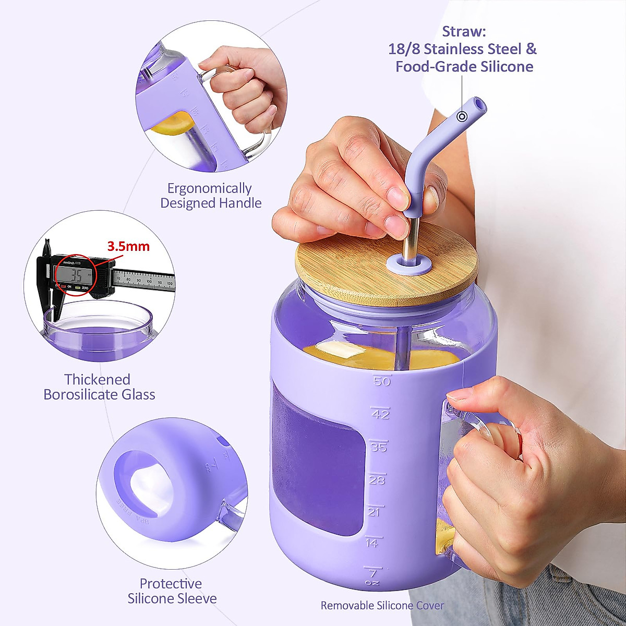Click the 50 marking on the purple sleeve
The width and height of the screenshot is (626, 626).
point(382,381)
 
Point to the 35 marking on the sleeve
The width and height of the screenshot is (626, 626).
point(379,447)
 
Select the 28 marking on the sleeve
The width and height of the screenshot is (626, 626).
point(377,479)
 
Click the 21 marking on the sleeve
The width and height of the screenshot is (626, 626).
point(374,512)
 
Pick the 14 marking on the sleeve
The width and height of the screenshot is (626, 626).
point(372,543)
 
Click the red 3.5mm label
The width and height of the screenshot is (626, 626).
point(128,246)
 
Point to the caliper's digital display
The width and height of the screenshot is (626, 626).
point(76,274)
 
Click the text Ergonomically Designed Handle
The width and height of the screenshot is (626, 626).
point(211,195)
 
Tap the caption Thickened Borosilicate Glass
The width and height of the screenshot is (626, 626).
point(99,387)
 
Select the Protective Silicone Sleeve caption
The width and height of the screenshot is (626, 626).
point(172,591)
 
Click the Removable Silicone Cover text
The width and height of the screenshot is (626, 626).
point(382,605)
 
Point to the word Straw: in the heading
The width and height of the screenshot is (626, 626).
point(464,31)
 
